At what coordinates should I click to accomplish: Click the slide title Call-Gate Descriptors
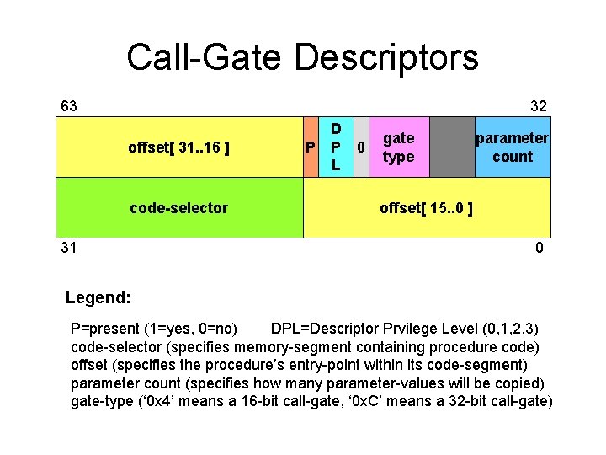click(302, 57)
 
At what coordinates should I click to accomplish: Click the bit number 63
click(69, 105)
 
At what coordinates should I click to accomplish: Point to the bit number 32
click(538, 105)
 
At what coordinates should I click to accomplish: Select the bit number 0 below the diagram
click(539, 248)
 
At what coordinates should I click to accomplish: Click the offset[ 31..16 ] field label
click(179, 148)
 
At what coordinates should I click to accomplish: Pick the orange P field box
click(311, 148)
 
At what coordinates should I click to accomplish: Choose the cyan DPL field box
click(336, 148)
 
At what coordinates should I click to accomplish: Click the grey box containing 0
click(361, 148)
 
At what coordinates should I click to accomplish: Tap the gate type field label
click(398, 147)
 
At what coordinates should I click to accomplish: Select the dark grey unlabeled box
click(452, 147)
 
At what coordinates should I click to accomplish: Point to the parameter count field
click(513, 147)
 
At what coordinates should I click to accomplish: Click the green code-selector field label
click(178, 207)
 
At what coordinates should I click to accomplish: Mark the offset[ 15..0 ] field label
click(426, 207)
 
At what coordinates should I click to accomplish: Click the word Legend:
click(98, 297)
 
